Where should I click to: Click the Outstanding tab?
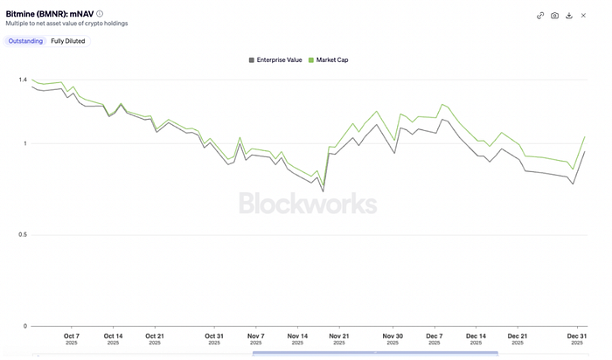[x=25, y=41]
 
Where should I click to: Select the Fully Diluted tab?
[x=68, y=41]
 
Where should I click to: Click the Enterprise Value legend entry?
[x=276, y=60]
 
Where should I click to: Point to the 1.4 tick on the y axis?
[x=23, y=80]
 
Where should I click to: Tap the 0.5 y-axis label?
[x=23, y=235]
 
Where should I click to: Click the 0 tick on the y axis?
[x=25, y=326]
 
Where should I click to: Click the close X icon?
[x=583, y=15]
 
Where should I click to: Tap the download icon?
[x=569, y=15]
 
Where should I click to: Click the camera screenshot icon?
[x=554, y=15]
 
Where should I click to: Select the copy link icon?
[x=540, y=15]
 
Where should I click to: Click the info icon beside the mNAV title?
[x=100, y=14]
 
